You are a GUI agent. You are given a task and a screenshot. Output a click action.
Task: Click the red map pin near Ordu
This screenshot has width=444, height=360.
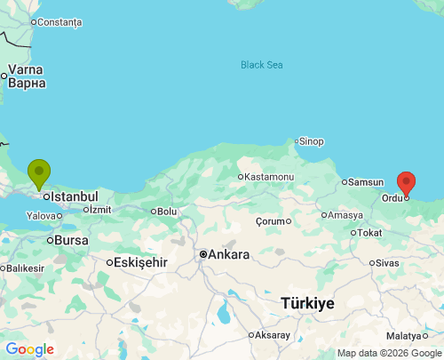pyautogui.click(x=406, y=182)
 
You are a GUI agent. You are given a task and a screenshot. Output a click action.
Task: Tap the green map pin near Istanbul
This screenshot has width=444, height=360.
pyautogui.click(x=39, y=172)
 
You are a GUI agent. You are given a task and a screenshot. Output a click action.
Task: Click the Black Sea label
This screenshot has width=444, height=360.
pyautogui.click(x=262, y=64)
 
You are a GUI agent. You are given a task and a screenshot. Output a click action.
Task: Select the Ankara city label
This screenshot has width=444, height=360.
pyautogui.click(x=228, y=254)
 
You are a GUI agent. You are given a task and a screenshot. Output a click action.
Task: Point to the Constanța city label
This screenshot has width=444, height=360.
pyautogui.click(x=60, y=21)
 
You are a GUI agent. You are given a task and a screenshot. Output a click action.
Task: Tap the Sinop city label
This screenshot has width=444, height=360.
pyautogui.click(x=311, y=141)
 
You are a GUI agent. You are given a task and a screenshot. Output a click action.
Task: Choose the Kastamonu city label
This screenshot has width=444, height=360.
pyautogui.click(x=269, y=177)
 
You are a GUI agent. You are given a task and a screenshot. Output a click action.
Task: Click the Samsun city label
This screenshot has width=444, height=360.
pyautogui.click(x=365, y=182)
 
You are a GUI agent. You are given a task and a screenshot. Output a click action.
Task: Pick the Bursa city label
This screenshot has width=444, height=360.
pyautogui.click(x=70, y=240)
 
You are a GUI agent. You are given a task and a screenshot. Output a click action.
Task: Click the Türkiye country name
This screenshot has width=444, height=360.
pyautogui.click(x=307, y=303)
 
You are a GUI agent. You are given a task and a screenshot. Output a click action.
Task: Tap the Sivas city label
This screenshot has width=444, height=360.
pyautogui.click(x=387, y=263)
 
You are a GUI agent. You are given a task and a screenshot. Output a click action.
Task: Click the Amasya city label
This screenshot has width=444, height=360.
pyautogui.click(x=345, y=215)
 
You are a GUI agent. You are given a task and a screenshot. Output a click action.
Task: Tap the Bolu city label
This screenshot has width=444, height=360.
pyautogui.click(x=167, y=212)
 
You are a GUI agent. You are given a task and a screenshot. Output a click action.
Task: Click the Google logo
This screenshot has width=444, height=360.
pyautogui.click(x=29, y=349)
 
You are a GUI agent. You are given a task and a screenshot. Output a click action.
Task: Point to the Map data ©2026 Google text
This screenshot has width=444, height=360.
pyautogui.click(x=388, y=353)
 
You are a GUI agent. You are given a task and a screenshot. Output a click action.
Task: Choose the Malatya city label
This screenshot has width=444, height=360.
pyautogui.click(x=405, y=335)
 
